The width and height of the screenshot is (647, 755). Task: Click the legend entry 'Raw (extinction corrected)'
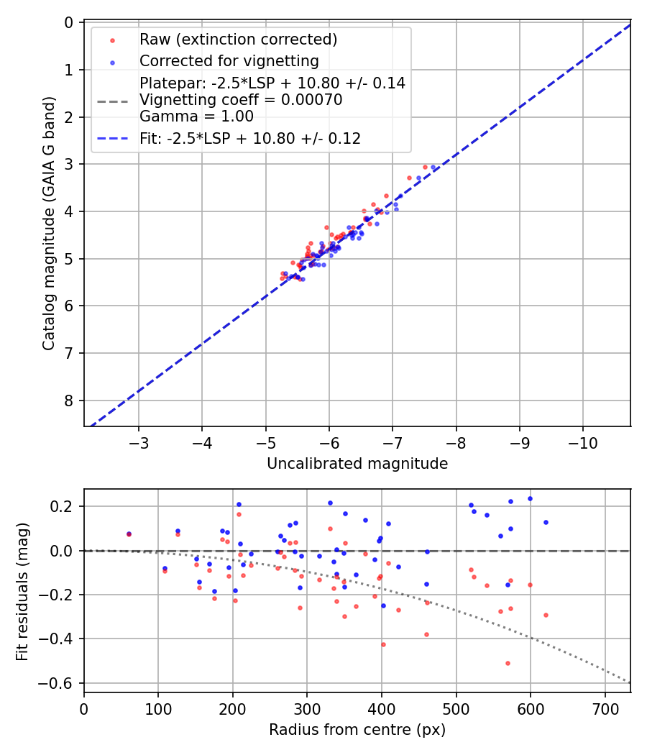coord(238,39)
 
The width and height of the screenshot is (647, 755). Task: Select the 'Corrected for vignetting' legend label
coord(229,60)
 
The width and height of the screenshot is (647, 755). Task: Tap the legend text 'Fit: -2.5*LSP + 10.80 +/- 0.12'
coord(250,138)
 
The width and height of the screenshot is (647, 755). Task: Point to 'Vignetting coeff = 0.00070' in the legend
coord(241,100)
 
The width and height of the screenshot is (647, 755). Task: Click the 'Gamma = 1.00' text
coord(196,116)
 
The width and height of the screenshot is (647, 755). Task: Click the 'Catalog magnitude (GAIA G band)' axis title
coord(48,224)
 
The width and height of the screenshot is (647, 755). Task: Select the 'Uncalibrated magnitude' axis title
coord(357,464)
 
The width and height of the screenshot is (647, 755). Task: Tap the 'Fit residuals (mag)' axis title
coord(22,590)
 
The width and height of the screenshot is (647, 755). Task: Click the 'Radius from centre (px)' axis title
coord(357,730)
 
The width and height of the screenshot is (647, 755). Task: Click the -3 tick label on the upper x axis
coord(139,441)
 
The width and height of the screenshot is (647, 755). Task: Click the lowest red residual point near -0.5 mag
coord(508,663)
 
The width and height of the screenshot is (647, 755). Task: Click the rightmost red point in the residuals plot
coord(546,615)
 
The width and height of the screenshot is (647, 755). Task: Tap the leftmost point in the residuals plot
coord(129,534)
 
